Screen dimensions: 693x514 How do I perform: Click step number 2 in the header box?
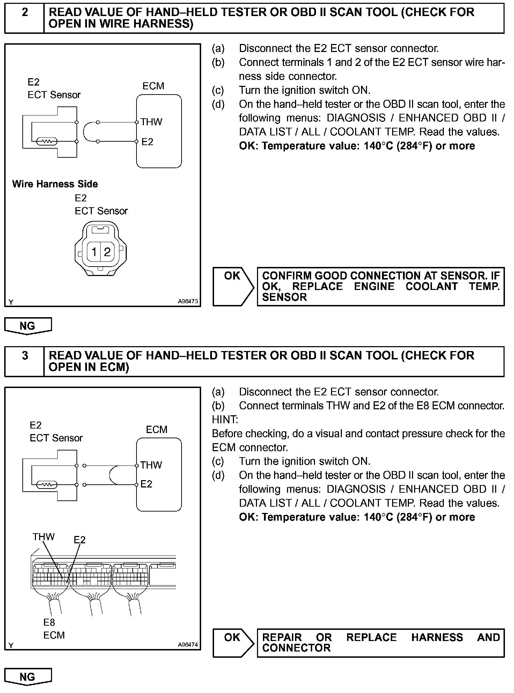(25, 13)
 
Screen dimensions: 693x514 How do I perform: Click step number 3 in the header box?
(25, 356)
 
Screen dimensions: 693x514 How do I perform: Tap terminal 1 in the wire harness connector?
(94, 251)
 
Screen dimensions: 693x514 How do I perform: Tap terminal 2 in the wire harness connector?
(107, 251)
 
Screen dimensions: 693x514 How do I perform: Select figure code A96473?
(188, 301)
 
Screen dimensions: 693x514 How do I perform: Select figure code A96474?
(188, 644)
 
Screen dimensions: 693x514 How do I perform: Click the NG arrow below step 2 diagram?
(28, 326)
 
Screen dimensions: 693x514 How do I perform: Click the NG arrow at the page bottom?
(28, 677)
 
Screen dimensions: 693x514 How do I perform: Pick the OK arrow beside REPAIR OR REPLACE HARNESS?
(233, 643)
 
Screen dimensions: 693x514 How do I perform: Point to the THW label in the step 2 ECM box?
(152, 122)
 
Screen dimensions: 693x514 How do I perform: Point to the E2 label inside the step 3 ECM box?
(146, 484)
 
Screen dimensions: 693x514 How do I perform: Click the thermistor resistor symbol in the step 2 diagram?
(47, 142)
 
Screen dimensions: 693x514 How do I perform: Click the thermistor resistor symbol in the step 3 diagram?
(47, 485)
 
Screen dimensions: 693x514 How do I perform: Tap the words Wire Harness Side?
(55, 184)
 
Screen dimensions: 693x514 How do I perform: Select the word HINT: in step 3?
(225, 419)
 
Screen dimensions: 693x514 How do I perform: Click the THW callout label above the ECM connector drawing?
(44, 537)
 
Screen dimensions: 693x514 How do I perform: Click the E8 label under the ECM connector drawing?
(49, 622)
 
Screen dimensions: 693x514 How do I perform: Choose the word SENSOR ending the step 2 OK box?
(284, 297)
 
